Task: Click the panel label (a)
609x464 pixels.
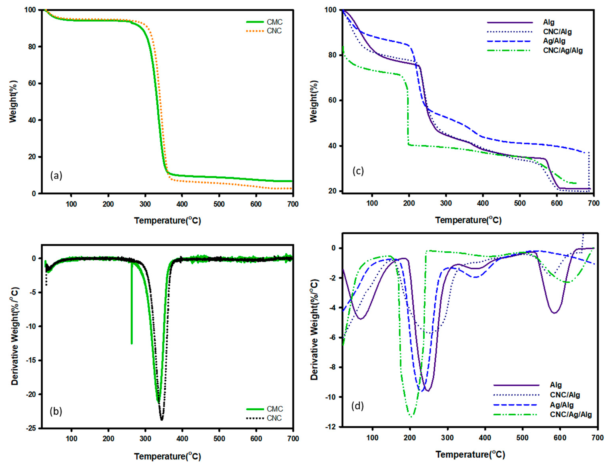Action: [x=56, y=175]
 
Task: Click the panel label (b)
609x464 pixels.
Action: [x=56, y=411]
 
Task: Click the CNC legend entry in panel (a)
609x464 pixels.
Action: [x=274, y=31]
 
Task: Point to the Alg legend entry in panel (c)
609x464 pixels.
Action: [x=548, y=22]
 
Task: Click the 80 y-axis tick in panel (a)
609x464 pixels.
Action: [x=32, y=47]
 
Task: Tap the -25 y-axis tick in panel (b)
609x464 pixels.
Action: [x=31, y=428]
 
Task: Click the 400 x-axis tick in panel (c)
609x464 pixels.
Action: [x=483, y=203]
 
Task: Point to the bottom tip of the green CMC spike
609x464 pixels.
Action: [x=132, y=343]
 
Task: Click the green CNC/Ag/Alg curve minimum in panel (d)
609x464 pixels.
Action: [x=411, y=416]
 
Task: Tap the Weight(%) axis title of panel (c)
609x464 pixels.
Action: [x=314, y=101]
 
